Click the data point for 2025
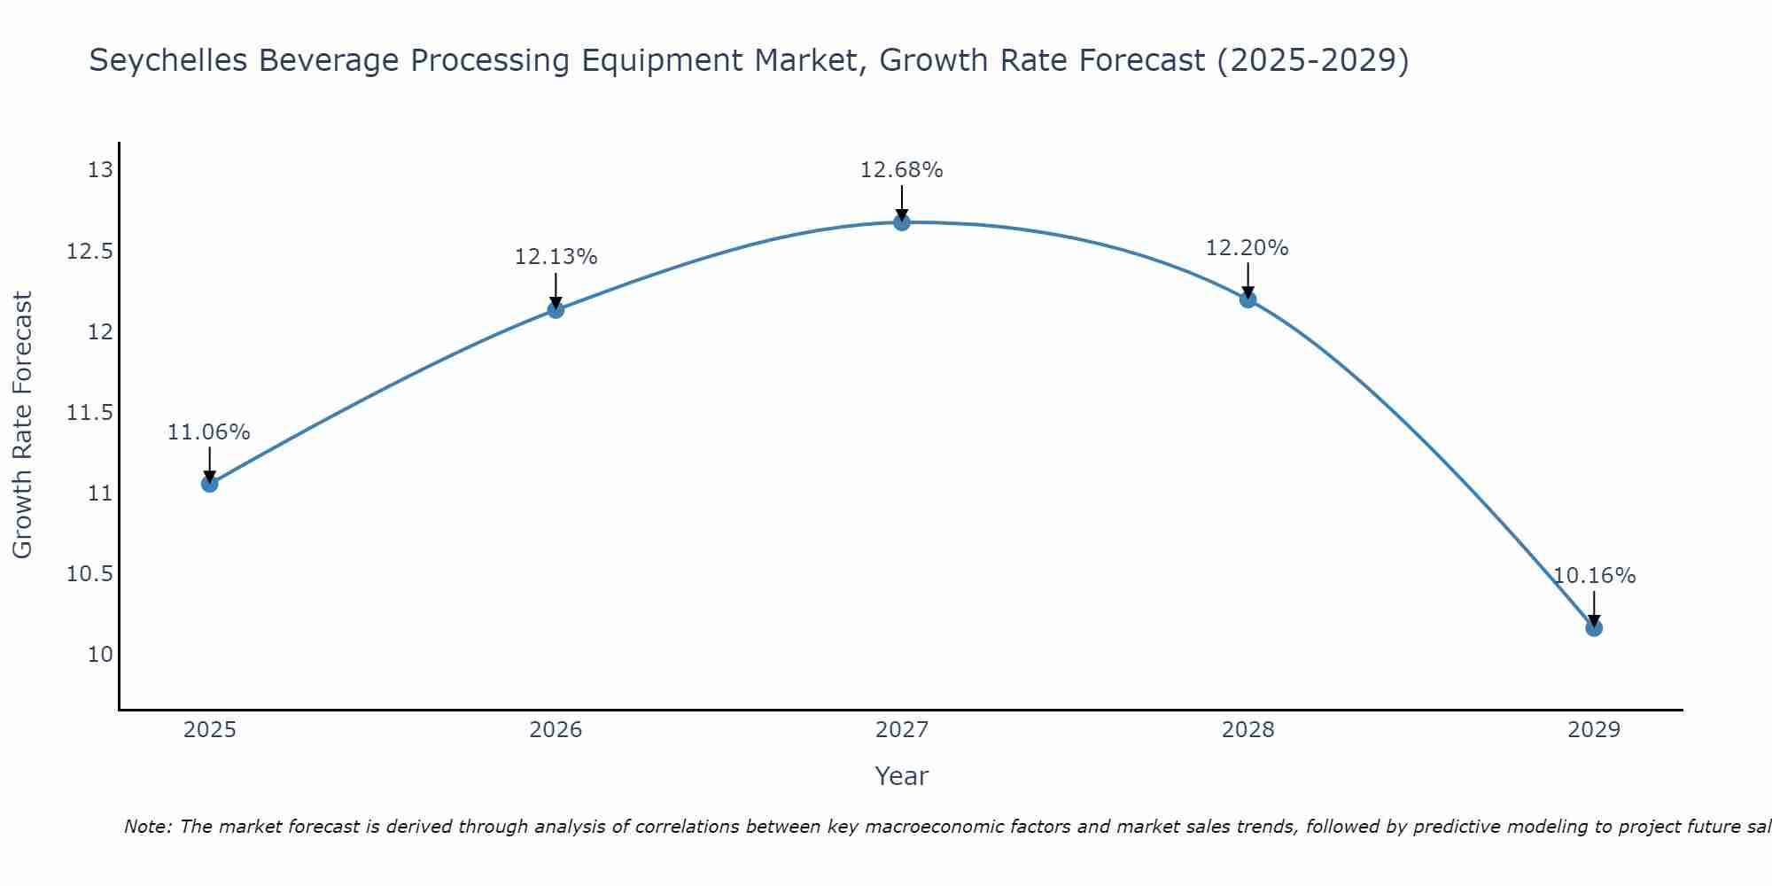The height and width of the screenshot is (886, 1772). coord(209,483)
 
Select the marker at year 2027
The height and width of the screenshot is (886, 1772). coord(901,222)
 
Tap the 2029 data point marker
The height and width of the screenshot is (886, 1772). coord(1593,627)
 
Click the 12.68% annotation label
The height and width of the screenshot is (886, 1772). coord(901,170)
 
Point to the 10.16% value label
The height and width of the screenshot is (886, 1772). coord(1593,576)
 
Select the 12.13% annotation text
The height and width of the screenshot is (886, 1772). coord(556,257)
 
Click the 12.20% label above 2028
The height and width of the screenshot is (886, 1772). coord(1247,248)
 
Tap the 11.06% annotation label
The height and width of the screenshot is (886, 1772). coord(209,432)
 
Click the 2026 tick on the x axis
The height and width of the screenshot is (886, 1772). coord(556,730)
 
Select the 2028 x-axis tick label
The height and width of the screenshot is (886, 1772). coord(1247,730)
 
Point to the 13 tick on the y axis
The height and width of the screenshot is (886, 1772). coord(101,170)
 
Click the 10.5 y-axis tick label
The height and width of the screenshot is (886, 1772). coord(90,574)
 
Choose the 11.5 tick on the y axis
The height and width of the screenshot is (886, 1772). coord(90,413)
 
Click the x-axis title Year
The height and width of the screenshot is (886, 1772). coord(901,776)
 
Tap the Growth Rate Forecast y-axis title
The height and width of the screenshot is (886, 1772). coord(23,425)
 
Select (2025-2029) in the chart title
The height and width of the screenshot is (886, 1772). coord(1311,61)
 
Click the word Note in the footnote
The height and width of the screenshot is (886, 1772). coord(147,827)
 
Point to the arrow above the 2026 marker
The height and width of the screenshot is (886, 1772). coord(556,289)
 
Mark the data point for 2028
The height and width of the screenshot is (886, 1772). coord(1247,299)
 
